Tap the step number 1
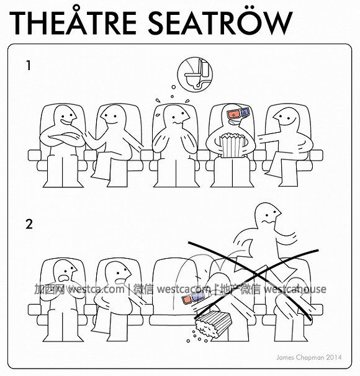29,66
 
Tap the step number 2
29,224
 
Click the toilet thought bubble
195,74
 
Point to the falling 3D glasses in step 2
193,298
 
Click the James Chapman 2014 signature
309,357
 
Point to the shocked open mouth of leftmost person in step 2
64,278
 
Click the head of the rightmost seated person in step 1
287,119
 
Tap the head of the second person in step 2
118,274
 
